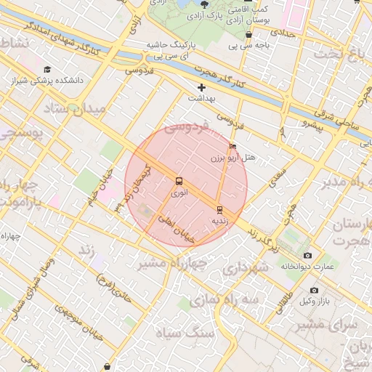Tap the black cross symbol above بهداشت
tap(201, 87)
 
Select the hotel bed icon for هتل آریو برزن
tap(232, 146)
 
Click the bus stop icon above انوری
tap(179, 181)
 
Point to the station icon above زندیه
tap(219, 209)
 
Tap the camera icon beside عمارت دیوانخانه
tap(307, 256)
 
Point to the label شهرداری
tap(243, 267)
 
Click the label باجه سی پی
tap(254, 45)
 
